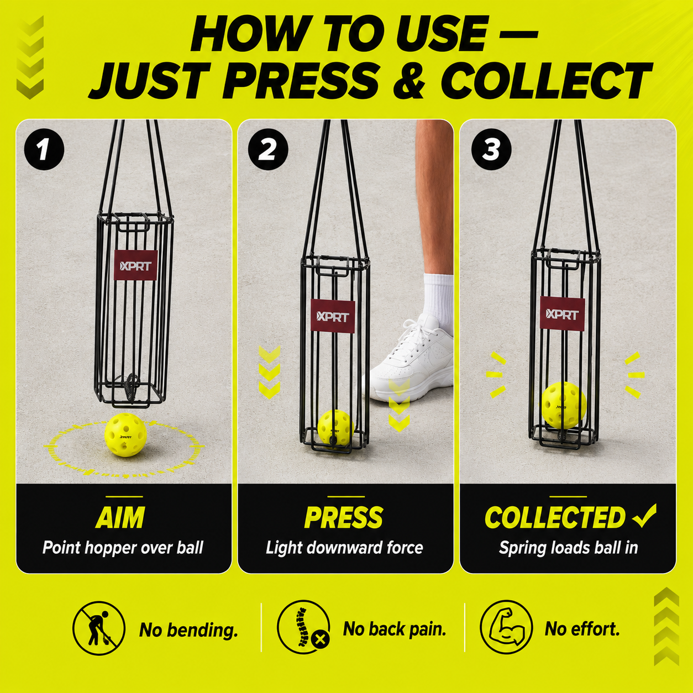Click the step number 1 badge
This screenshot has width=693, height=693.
click(44, 149)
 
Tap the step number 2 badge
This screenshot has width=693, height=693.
click(268, 149)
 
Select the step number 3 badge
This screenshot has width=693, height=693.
click(491, 149)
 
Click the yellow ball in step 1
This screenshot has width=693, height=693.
click(125, 435)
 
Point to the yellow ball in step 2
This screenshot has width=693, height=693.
click(335, 428)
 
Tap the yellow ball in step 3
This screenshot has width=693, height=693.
click(564, 405)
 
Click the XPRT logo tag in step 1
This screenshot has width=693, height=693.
click(135, 265)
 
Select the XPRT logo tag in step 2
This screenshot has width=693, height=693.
click(333, 316)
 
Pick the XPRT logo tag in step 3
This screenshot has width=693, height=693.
click(562, 313)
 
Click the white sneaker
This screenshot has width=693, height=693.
click(410, 360)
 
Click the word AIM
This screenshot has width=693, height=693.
click(120, 517)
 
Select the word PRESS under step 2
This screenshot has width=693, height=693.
click(343, 517)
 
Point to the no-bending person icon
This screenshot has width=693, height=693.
click(99, 628)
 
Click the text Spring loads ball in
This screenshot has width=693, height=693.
click(568, 548)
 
